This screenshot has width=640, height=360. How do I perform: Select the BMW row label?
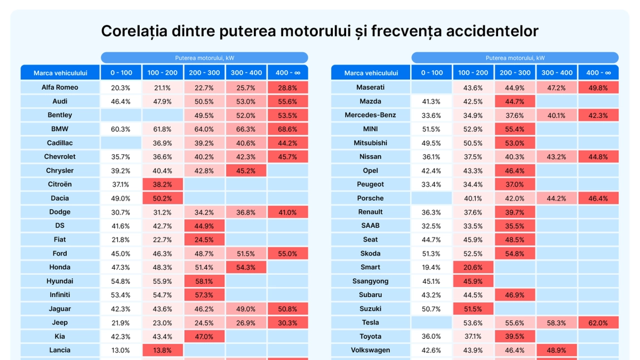[60, 129]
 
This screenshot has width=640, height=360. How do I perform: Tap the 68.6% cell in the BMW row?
[287, 129]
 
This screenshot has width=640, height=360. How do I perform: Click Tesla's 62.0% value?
[598, 323]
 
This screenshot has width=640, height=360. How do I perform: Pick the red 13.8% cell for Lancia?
[163, 351]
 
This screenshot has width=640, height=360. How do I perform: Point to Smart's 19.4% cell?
[431, 268]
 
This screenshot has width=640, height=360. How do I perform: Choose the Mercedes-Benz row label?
[371, 115]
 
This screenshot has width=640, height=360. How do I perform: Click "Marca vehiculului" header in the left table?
[60, 73]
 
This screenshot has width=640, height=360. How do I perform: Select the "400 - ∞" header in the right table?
[598, 73]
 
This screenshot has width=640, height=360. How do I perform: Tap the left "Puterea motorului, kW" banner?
[204, 58]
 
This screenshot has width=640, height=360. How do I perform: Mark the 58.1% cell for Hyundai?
[204, 282]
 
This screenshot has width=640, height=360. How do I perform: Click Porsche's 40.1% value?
[473, 199]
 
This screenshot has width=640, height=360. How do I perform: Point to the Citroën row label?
[60, 184]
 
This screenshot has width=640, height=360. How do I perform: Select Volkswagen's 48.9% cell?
[557, 351]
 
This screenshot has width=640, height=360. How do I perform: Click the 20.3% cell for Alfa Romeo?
[121, 88]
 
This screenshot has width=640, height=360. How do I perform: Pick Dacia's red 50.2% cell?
[163, 199]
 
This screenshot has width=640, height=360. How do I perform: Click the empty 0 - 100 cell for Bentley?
[121, 115]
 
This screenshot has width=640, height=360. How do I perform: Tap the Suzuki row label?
[371, 309]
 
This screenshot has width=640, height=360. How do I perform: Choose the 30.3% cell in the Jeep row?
[287, 323]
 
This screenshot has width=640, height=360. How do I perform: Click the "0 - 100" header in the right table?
[431, 73]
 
